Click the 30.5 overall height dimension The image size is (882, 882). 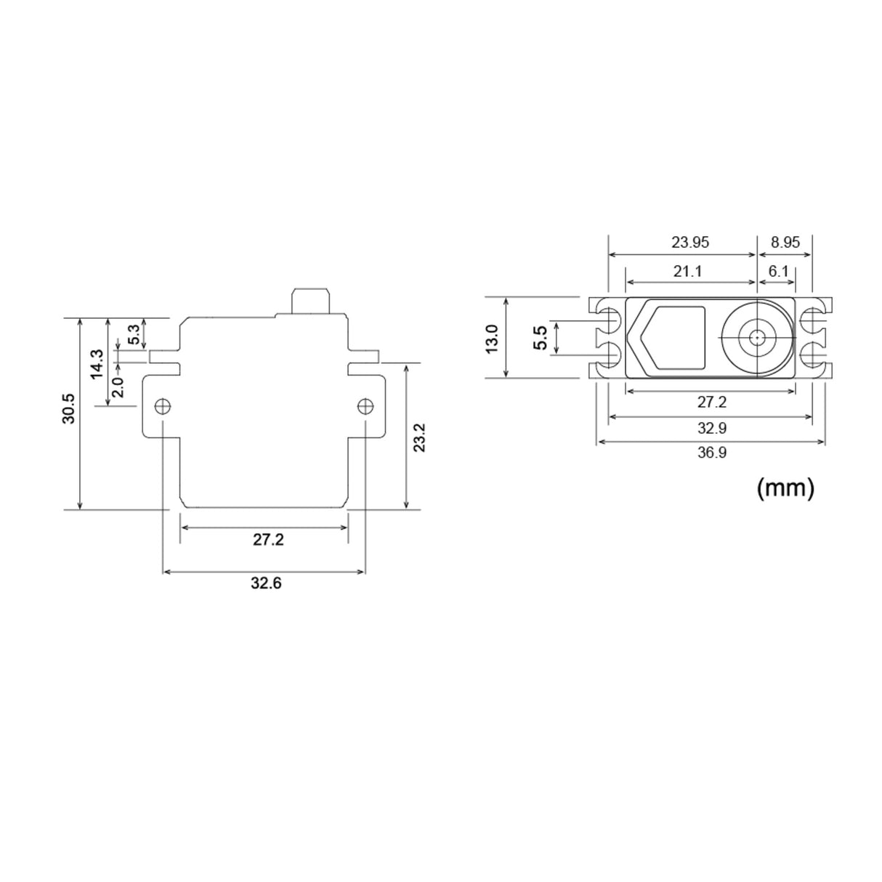pos(68,408)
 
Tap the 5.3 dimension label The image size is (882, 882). pos(134,335)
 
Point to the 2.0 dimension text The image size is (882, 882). pos(118,386)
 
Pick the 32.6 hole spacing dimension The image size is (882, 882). pos(266,583)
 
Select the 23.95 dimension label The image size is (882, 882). pos(689,243)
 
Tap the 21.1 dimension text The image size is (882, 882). pos(687,271)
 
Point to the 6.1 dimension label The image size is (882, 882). pos(778,271)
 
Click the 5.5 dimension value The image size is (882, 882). pos(540,338)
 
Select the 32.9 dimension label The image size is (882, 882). pos(711,428)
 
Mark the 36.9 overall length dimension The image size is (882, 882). pos(711,453)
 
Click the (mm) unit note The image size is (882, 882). pos(785,487)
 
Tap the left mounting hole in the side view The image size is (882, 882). pos(162,405)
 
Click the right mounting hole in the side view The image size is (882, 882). pos(365,405)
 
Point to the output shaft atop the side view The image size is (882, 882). pos(310,300)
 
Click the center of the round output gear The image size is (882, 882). pos(757,338)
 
